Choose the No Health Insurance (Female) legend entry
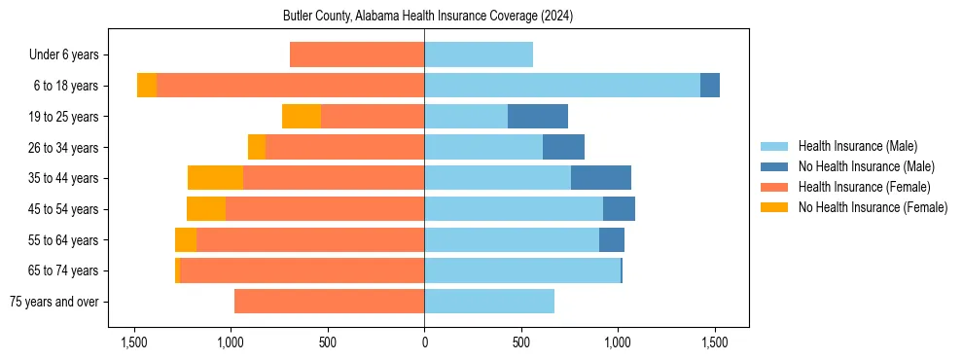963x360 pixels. pyautogui.click(x=873, y=207)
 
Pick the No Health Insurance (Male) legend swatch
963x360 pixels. pyautogui.click(x=774, y=166)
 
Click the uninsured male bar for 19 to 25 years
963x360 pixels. pyautogui.click(x=538, y=117)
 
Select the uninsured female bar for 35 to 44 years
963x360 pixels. pyautogui.click(x=215, y=178)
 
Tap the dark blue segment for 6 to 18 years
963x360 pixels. pyautogui.click(x=710, y=86)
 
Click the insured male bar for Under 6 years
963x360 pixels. pyautogui.click(x=479, y=55)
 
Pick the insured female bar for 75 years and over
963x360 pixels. pyautogui.click(x=329, y=302)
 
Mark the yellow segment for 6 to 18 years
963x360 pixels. pyautogui.click(x=147, y=86)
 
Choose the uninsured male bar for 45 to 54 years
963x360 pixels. pyautogui.click(x=619, y=209)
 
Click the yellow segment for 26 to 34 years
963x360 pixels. pyautogui.click(x=257, y=147)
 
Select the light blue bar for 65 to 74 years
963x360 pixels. pyautogui.click(x=522, y=270)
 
